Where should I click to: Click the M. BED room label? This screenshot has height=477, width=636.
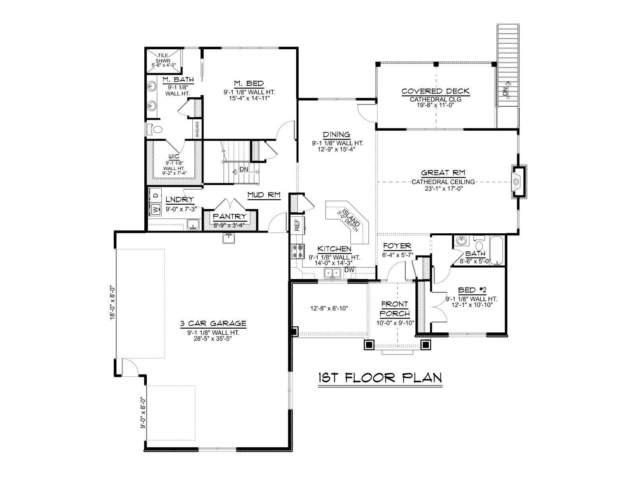pos(249,84)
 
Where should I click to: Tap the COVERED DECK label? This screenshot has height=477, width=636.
pos(435,91)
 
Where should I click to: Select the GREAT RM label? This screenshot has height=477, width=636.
pos(443,173)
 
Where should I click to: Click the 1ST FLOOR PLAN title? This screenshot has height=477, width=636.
pos(380,378)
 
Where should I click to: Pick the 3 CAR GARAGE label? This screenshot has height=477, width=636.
pos(213,323)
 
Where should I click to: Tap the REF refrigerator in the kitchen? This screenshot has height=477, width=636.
pos(297,225)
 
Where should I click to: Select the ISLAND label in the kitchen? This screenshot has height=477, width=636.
pos(351,219)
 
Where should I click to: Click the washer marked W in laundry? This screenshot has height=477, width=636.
pos(155,209)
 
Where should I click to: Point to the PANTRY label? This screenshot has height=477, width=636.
pos(230,216)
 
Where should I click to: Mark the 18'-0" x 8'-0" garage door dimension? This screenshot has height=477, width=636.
pos(112,302)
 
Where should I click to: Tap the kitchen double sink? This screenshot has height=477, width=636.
pos(332,273)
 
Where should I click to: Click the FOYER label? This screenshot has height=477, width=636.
pos(397,246)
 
